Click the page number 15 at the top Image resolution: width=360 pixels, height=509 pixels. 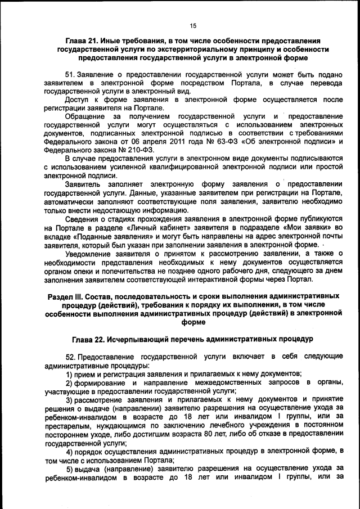tap(192, 26)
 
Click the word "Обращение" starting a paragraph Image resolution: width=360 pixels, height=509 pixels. tap(84, 116)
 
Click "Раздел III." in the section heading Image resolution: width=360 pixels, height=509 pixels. tap(66, 295)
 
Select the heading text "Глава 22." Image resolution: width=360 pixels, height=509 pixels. tap(91, 340)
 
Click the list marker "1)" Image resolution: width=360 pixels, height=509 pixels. tap(70, 373)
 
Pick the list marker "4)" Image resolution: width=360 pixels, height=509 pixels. tap(70, 452)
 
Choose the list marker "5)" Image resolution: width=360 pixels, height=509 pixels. tap(70, 469)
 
